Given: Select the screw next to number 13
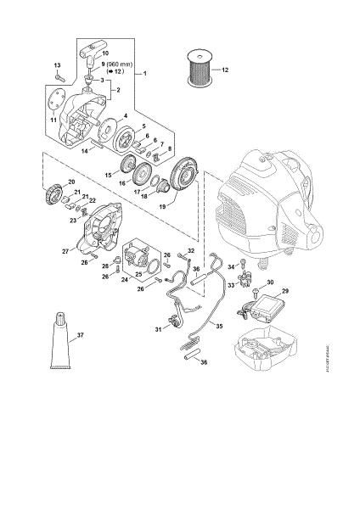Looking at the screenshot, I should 58,80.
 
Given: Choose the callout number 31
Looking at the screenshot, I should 157,328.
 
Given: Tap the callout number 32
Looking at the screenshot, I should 192,251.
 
